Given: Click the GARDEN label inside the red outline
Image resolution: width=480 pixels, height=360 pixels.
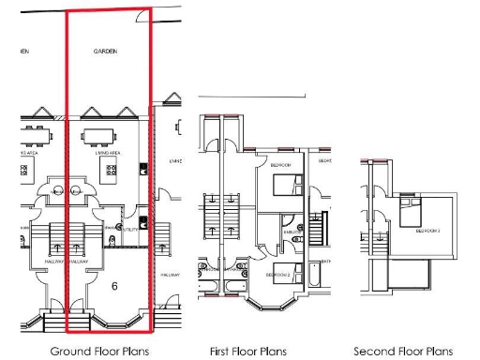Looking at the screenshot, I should [105, 52].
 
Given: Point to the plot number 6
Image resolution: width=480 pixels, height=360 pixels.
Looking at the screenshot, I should [113, 284].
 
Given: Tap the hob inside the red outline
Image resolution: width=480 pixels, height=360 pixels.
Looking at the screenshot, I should [112, 172].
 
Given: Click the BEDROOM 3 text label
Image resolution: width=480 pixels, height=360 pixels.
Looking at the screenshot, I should [428, 230].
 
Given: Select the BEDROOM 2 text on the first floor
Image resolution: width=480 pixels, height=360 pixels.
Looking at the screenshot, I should [277, 276].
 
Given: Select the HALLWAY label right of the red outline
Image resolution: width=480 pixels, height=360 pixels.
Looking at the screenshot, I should [169, 275].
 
